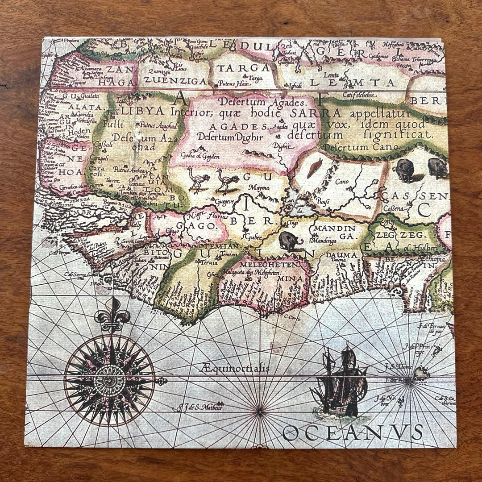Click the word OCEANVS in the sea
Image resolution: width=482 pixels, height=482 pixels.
pyautogui.click(x=353, y=432)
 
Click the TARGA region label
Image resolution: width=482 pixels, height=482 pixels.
pyautogui.click(x=244, y=67)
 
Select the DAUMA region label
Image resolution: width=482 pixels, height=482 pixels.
pyautogui.click(x=344, y=255)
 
